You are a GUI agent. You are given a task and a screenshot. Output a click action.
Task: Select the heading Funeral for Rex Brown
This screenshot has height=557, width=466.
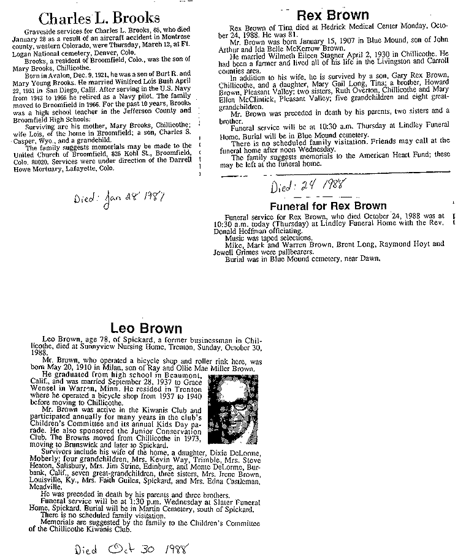coord(328,206)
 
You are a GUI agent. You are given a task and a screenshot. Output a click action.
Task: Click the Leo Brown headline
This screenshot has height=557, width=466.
coord(146,328)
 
